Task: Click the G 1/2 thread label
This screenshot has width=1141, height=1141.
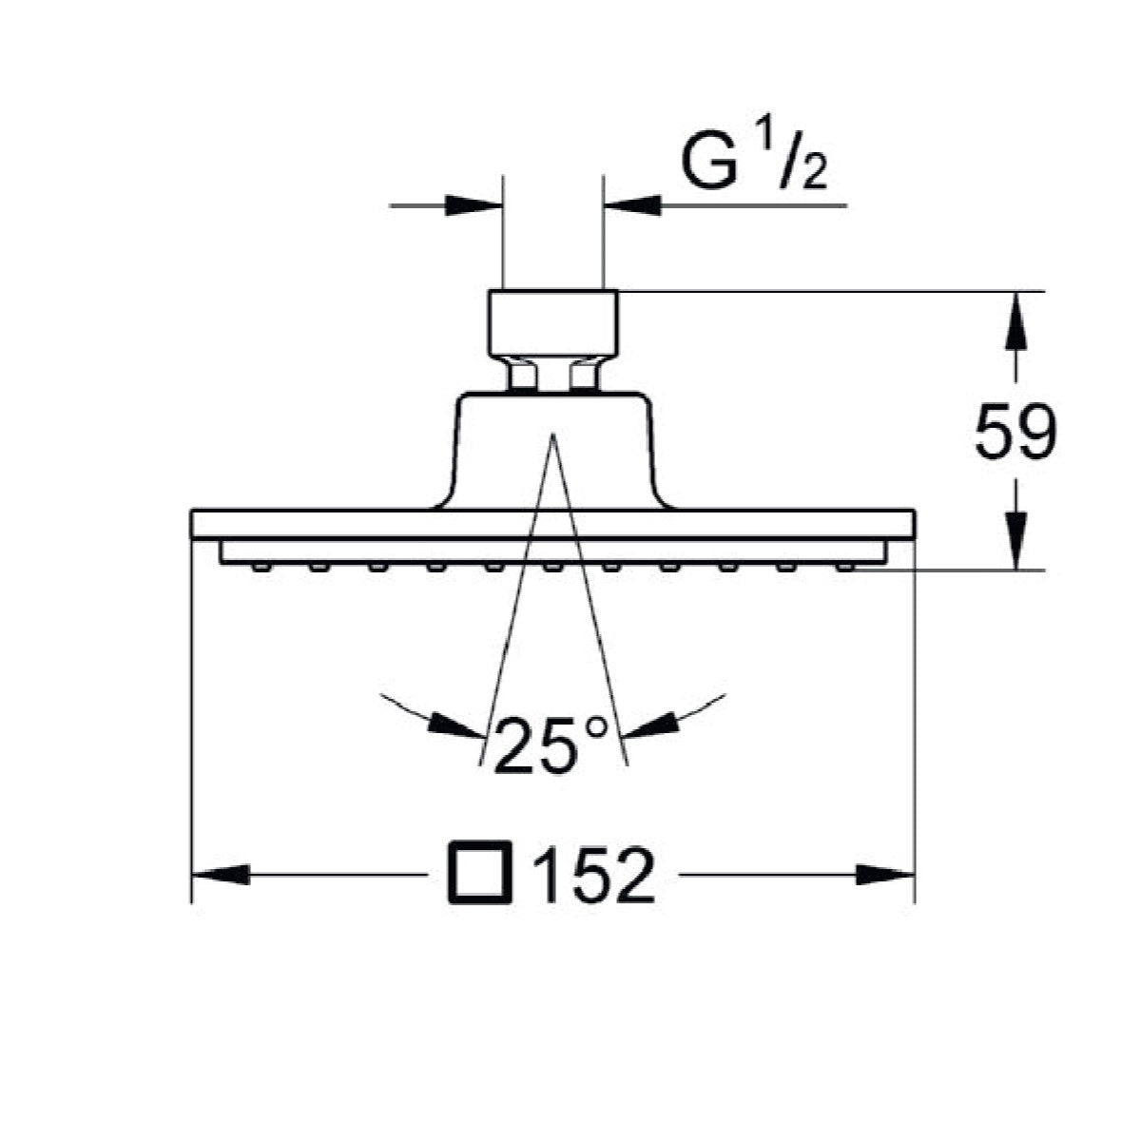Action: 754,160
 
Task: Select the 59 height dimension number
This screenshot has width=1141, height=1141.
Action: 1015,431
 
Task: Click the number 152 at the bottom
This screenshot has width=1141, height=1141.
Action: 594,875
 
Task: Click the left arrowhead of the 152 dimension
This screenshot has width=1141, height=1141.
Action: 221,875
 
